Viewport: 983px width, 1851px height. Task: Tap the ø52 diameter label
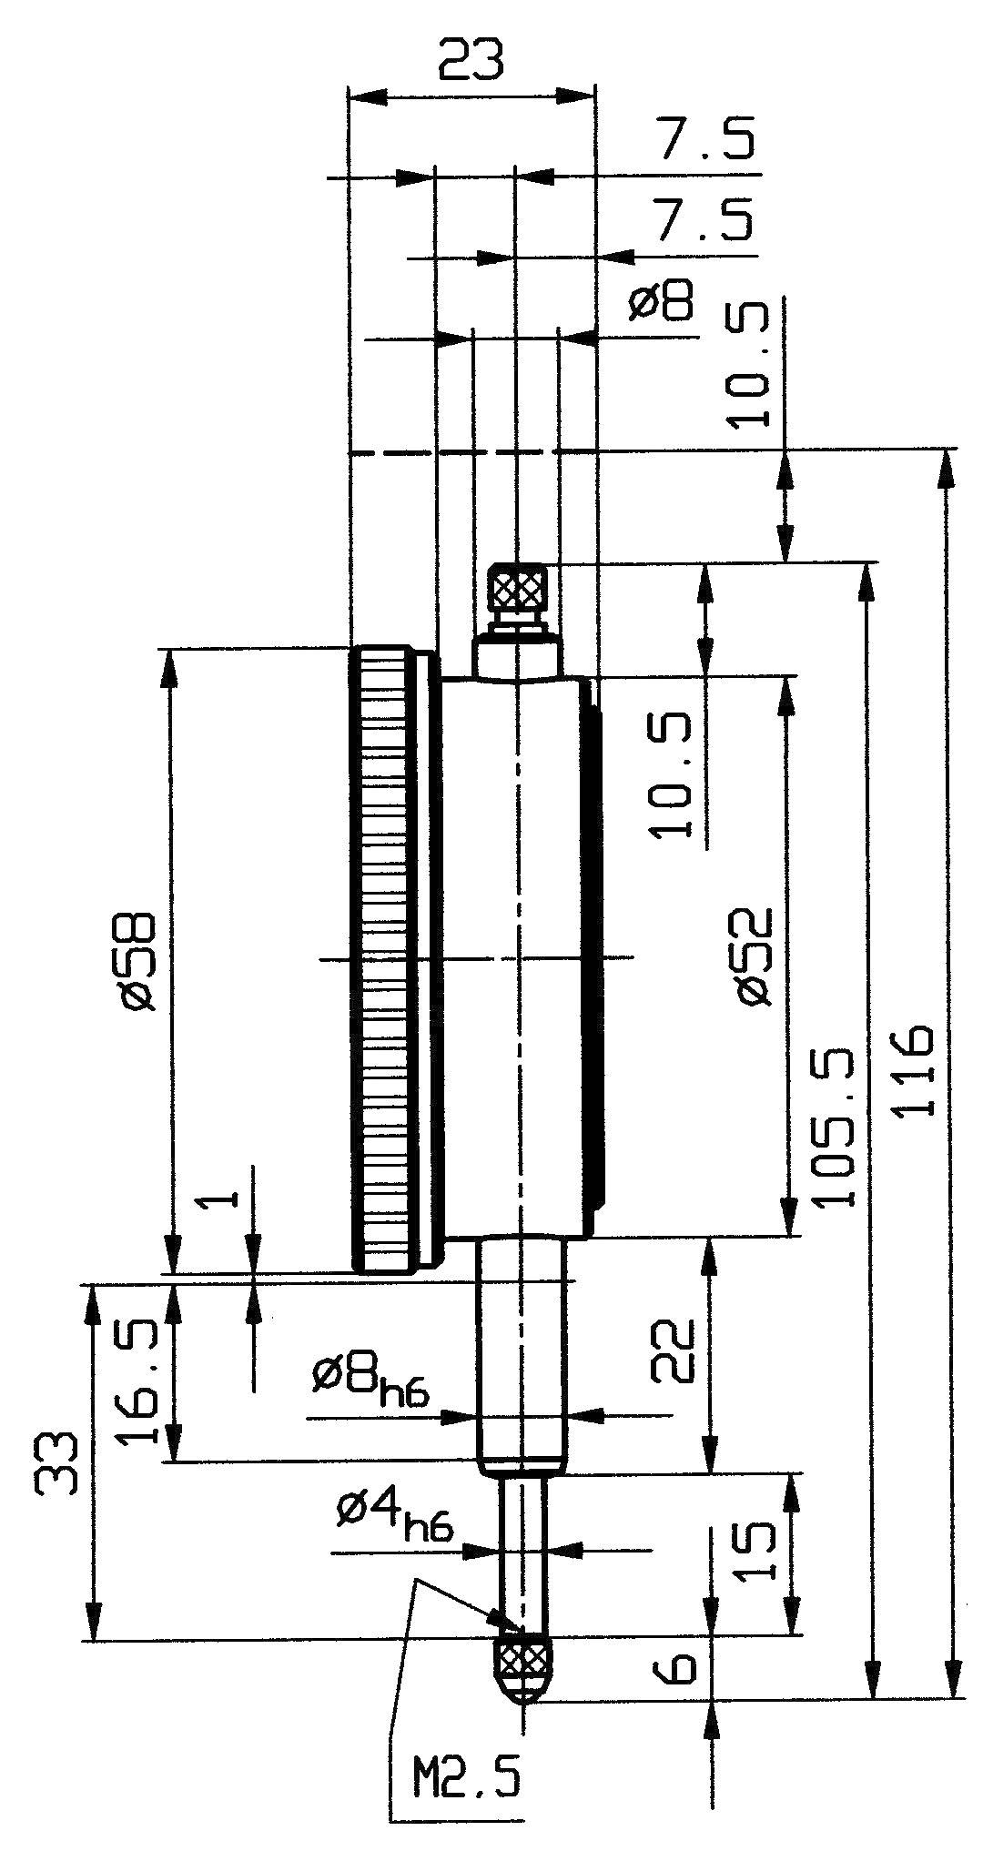pos(755,956)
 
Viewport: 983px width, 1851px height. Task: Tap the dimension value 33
pos(57,1462)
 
